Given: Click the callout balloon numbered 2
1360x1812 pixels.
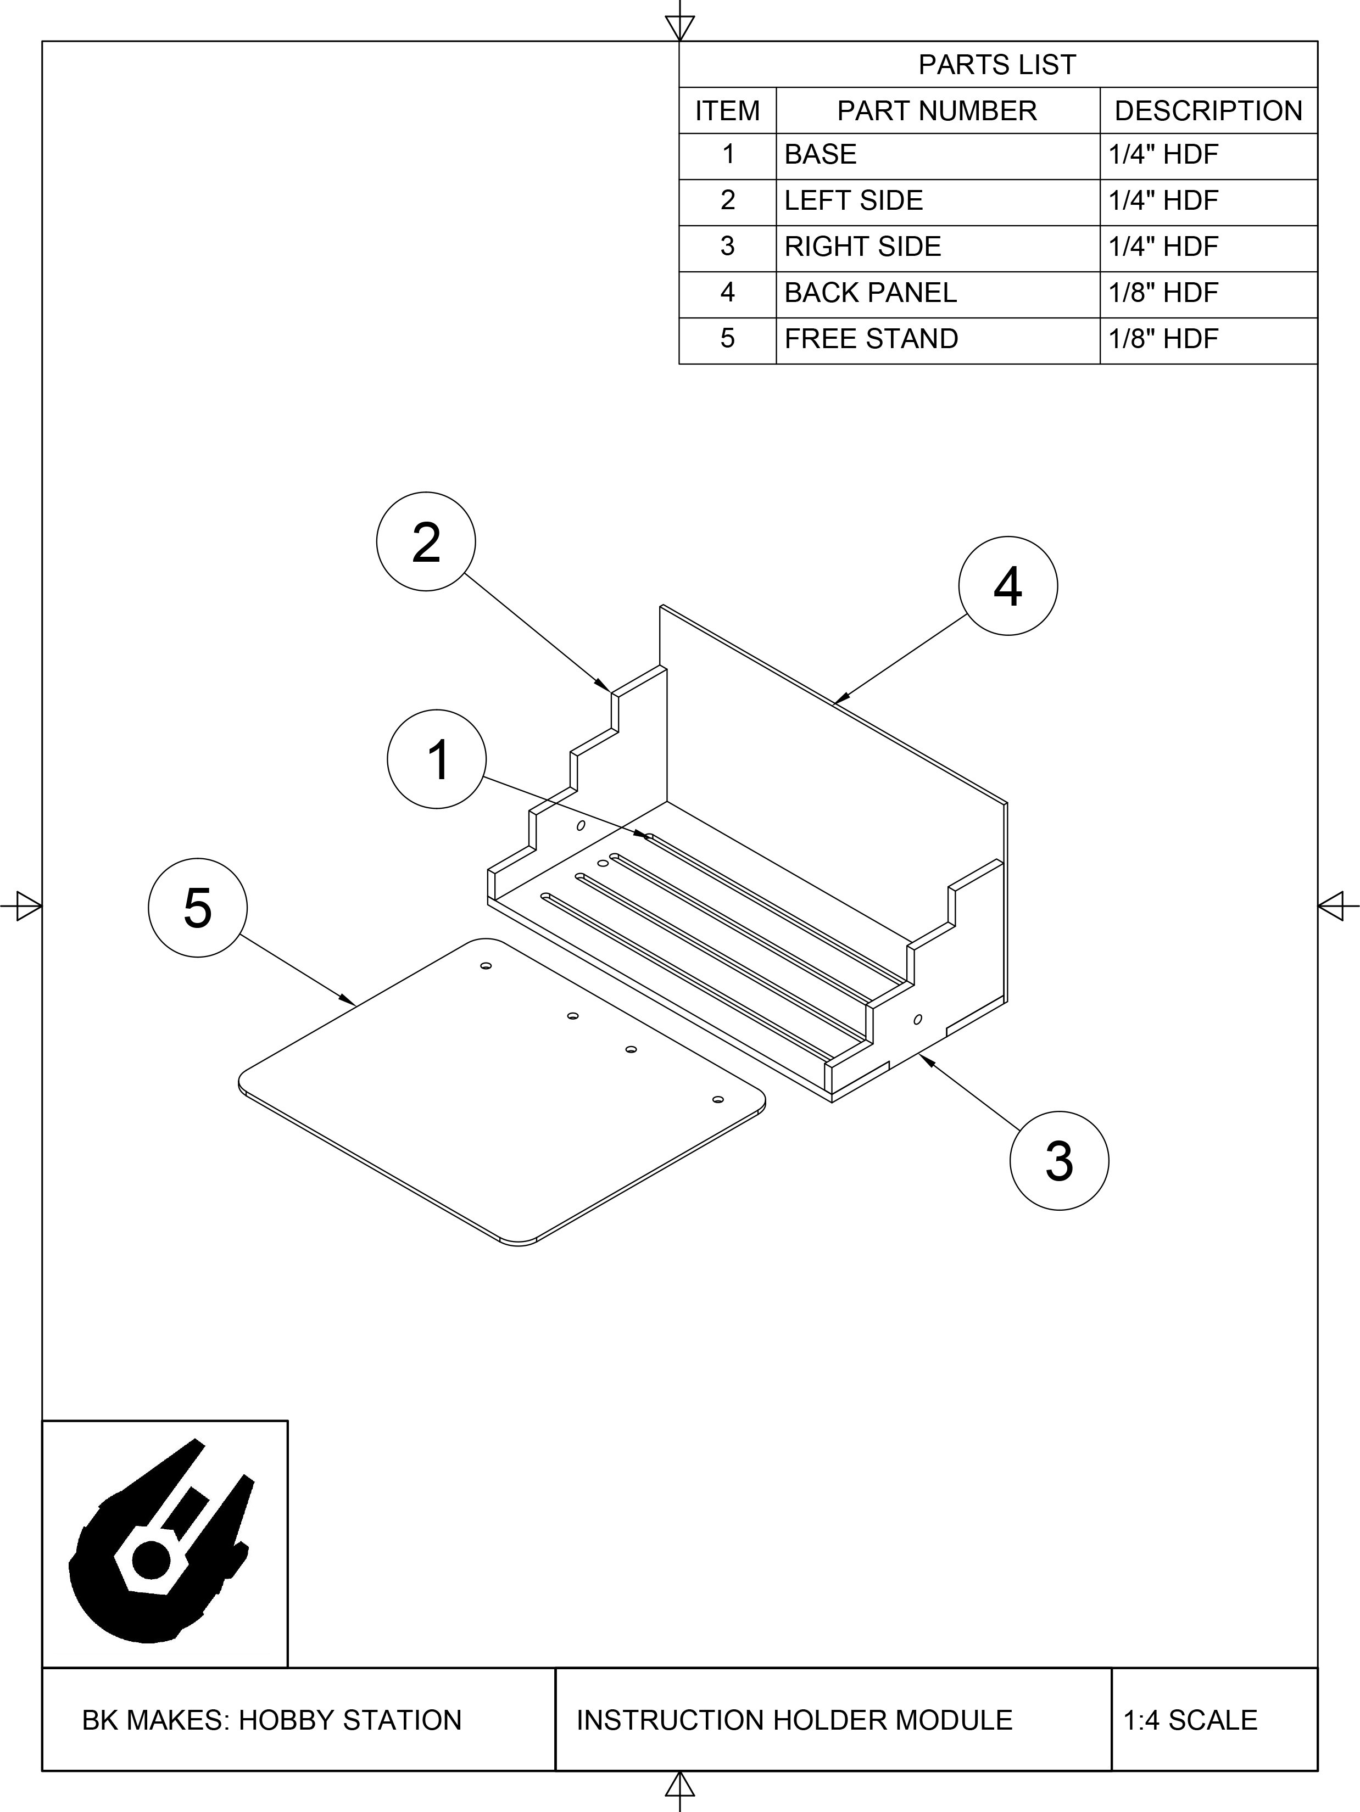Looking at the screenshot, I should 426,541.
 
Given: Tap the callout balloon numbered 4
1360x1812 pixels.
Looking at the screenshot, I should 1008,586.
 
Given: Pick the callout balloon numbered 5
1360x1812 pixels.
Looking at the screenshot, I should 197,908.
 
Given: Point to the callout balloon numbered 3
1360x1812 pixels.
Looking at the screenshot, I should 1060,1161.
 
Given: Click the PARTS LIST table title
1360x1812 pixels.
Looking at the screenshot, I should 997,65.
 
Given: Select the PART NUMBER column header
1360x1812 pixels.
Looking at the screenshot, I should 937,110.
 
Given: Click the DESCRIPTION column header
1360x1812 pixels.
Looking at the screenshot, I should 1208,110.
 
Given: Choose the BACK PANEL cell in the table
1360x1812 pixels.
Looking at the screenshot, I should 870,293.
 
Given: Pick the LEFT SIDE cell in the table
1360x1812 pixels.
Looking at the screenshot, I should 854,201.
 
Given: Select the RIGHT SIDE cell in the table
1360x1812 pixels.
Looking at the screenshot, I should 863,247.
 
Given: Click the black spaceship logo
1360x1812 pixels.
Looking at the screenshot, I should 162,1540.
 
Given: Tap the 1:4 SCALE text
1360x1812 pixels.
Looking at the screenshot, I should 1190,1720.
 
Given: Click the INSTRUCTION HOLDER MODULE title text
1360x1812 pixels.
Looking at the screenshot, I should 794,1720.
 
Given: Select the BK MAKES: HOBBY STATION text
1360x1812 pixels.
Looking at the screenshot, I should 272,1720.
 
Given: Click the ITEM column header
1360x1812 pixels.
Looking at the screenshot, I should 728,110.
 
